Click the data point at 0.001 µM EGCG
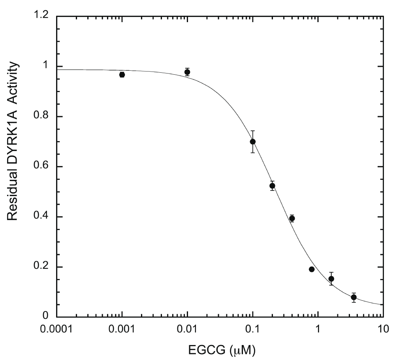[x=122, y=75]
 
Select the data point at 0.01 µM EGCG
[x=187, y=72]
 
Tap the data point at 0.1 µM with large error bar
[x=253, y=141]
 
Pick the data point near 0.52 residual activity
[x=272, y=186]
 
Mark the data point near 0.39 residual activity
[x=292, y=218]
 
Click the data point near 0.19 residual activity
[x=312, y=269]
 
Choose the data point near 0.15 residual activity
[x=331, y=279]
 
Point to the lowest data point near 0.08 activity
[x=354, y=297]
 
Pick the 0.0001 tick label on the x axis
[x=57, y=328]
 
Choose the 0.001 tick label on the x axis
[x=122, y=328]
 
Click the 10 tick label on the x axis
[x=382, y=328]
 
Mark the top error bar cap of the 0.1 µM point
[x=253, y=131]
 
